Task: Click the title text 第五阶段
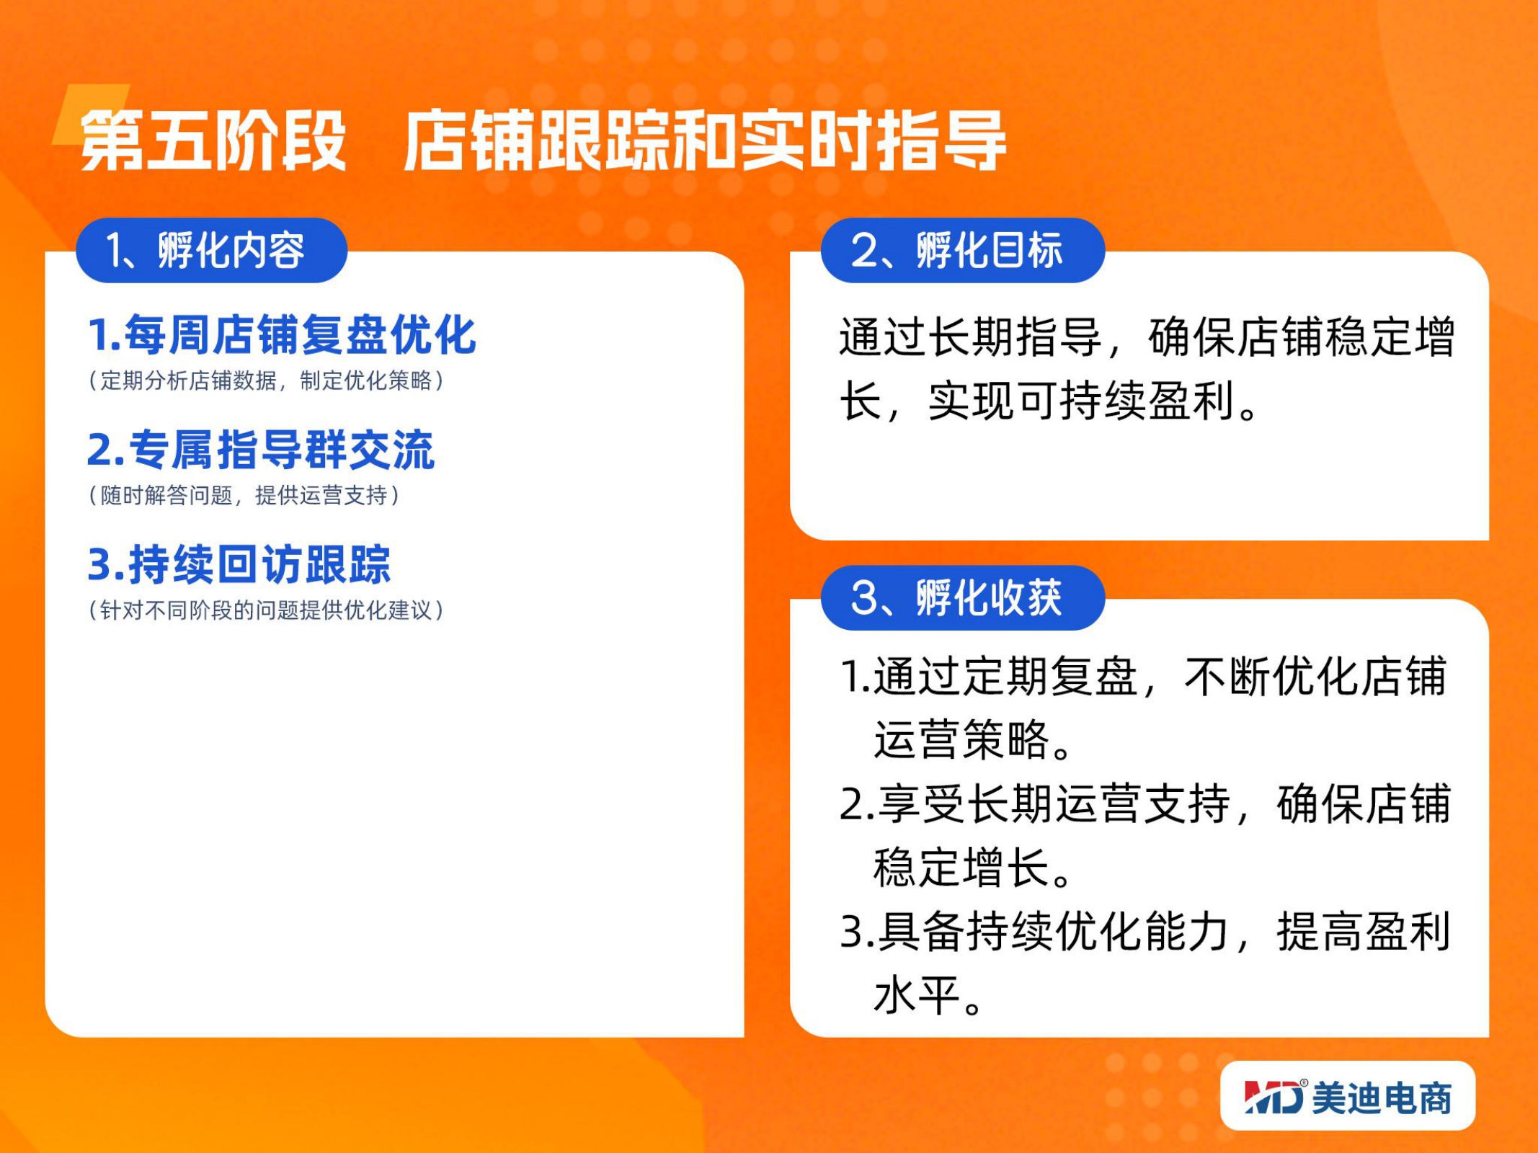pos(213,141)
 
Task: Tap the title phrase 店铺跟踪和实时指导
pos(704,141)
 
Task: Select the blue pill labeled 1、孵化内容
pos(211,250)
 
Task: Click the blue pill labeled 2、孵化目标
pos(963,250)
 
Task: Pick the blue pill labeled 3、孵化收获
pos(963,597)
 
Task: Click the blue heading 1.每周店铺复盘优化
pos(282,335)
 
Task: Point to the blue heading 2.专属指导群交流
pos(261,450)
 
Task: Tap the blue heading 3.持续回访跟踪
pos(239,564)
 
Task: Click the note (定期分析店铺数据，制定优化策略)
pos(266,380)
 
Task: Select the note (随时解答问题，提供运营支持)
pos(244,495)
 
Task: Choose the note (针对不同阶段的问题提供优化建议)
pos(266,610)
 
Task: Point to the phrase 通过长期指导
pos(970,337)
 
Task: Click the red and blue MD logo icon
pos(1274,1097)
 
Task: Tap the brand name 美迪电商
pos(1382,1098)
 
